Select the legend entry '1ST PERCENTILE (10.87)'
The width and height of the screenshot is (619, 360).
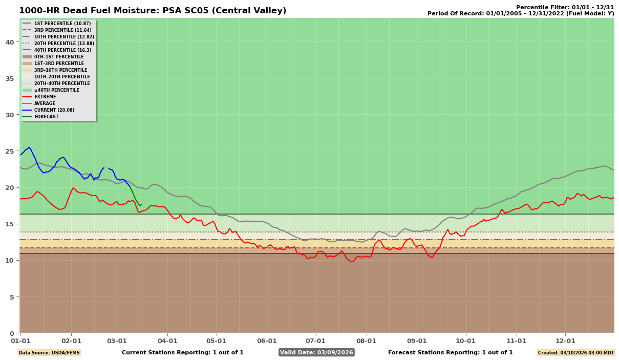click(x=57, y=24)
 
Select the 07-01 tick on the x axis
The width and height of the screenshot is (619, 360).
click(x=315, y=341)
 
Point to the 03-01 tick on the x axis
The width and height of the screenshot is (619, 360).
click(x=117, y=341)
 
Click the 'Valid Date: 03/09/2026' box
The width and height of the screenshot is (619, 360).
click(x=316, y=352)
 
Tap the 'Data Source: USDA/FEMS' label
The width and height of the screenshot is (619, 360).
click(x=49, y=353)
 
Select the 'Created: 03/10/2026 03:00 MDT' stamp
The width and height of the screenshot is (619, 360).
click(x=575, y=353)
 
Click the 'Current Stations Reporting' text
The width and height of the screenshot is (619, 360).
click(x=182, y=352)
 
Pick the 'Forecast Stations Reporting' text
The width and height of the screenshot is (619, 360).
click(x=450, y=352)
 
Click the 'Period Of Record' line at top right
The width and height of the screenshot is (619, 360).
click(x=520, y=14)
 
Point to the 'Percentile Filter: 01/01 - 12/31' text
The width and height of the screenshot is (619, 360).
click(x=565, y=7)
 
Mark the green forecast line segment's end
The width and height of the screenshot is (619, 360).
click(x=140, y=205)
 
